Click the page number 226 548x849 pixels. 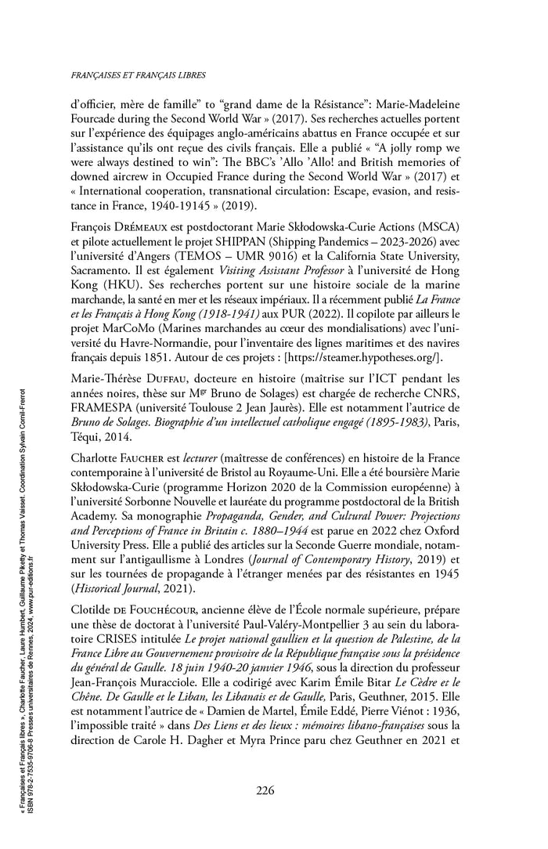coord(264,790)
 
